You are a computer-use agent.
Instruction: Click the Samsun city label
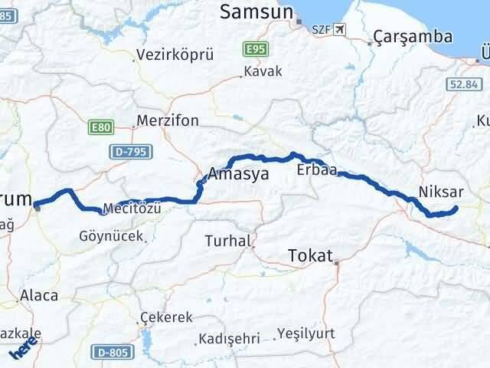256,11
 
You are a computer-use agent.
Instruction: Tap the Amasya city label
238,174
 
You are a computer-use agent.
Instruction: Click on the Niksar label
440,191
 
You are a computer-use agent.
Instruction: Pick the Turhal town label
228,241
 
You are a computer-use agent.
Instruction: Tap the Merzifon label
167,121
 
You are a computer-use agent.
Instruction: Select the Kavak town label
263,71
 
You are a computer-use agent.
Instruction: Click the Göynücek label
111,237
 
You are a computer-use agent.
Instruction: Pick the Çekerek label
166,317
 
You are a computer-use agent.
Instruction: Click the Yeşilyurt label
307,335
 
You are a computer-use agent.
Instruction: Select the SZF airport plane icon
339,28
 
